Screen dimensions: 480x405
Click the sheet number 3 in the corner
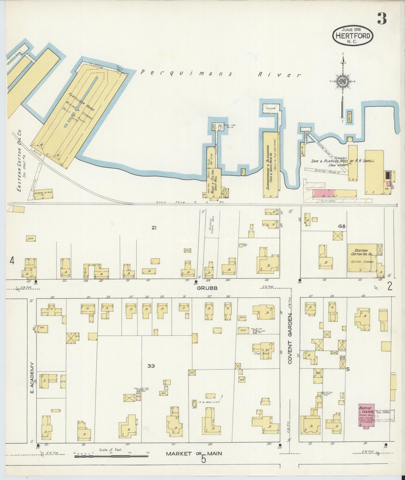[381, 19]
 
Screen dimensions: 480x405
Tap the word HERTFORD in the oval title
[353, 36]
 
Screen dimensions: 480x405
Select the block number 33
[151, 366]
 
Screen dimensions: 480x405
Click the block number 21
[154, 228]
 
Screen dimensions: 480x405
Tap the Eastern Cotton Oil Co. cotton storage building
[362, 257]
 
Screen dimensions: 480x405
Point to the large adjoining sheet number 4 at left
[12, 261]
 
